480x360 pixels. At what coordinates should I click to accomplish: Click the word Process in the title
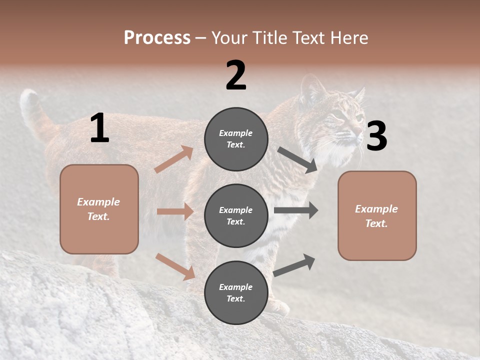coord(157,38)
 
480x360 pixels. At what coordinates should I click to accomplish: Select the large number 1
coord(99,128)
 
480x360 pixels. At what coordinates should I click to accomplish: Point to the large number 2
coord(236,75)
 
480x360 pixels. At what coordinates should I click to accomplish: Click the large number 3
coord(376,137)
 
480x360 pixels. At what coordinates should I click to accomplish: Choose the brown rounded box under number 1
coord(99,209)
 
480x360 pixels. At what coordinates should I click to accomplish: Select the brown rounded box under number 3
coord(377,215)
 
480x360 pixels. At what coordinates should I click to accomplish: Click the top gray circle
coord(236,139)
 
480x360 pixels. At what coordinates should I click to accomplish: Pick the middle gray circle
coord(236,215)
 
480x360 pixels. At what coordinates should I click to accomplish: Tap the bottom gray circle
coord(236,292)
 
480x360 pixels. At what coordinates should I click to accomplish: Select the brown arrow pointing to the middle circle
coord(175,211)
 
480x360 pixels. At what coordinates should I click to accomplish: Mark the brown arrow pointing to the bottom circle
coord(175,266)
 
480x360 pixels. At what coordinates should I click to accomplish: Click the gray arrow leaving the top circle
coord(297,160)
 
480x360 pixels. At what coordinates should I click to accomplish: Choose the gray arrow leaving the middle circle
coord(296,210)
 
